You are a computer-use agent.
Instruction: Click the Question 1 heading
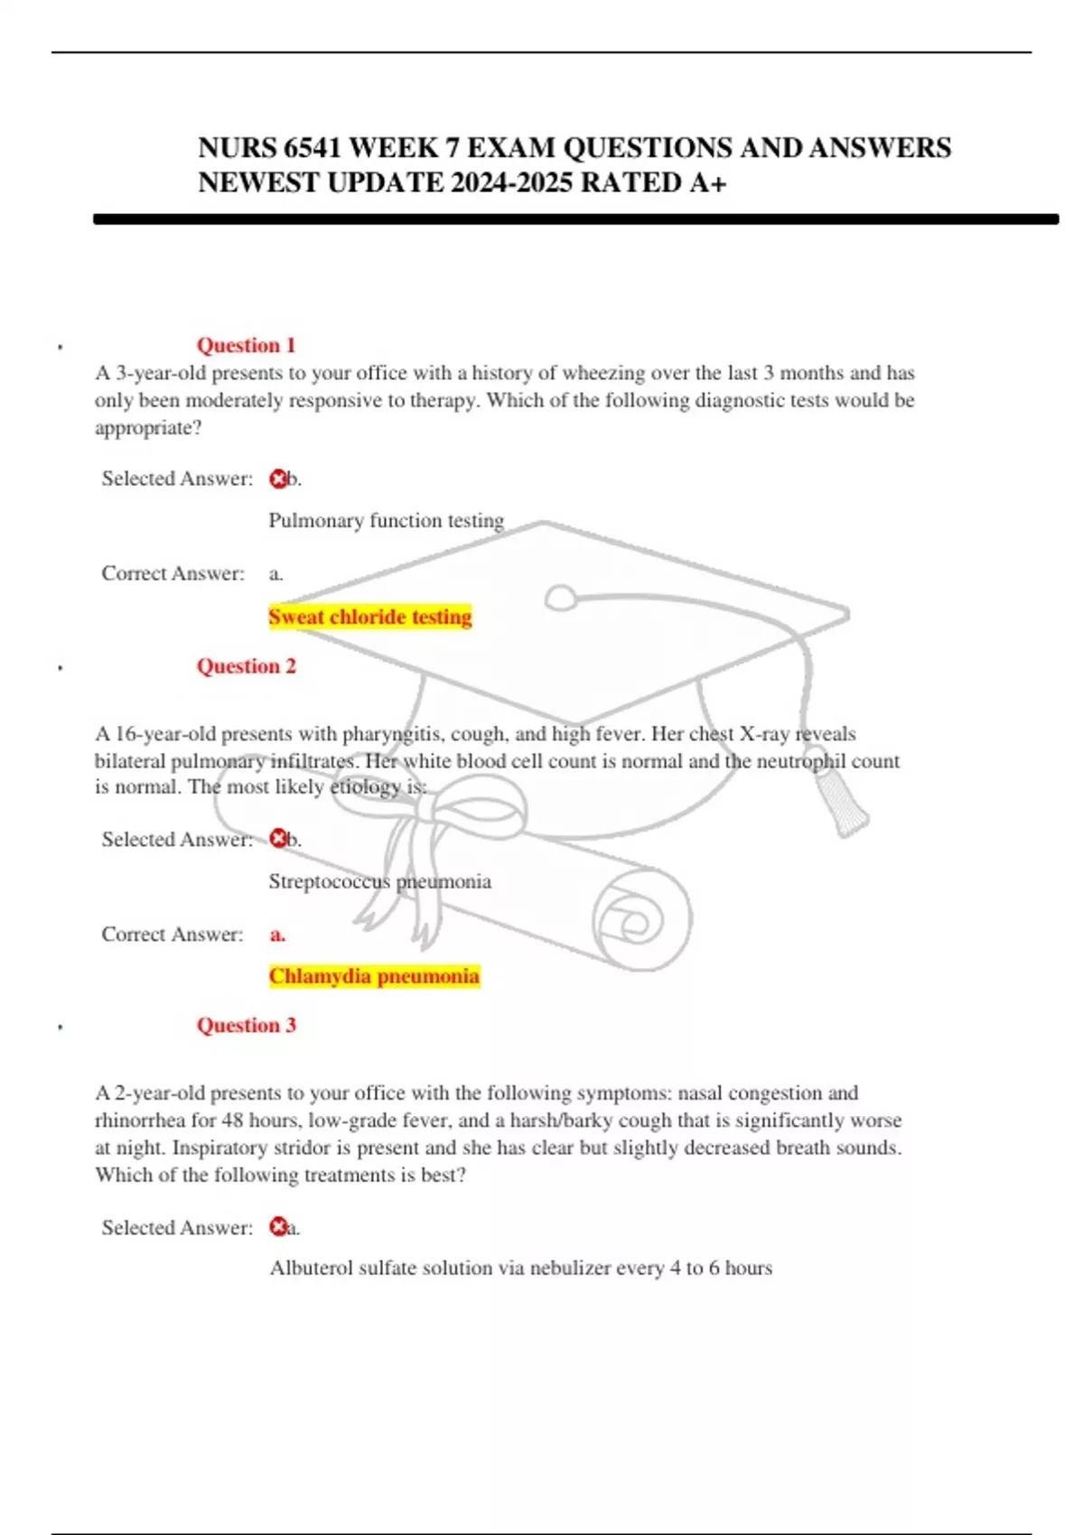246,345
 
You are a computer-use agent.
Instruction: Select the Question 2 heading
246,666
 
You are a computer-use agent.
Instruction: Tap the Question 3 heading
246,1025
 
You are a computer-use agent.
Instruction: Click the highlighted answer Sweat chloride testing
370,617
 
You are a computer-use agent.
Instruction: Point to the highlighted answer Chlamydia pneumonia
374,976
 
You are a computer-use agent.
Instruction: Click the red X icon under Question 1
278,479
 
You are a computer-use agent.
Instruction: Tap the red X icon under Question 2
278,840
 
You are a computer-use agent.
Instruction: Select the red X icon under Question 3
278,1227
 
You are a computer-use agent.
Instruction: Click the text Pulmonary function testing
386,521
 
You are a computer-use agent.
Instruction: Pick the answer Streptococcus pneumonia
379,881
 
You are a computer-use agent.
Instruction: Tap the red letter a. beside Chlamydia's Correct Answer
277,935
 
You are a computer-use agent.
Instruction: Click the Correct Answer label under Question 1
173,573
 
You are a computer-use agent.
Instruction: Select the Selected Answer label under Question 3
177,1227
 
